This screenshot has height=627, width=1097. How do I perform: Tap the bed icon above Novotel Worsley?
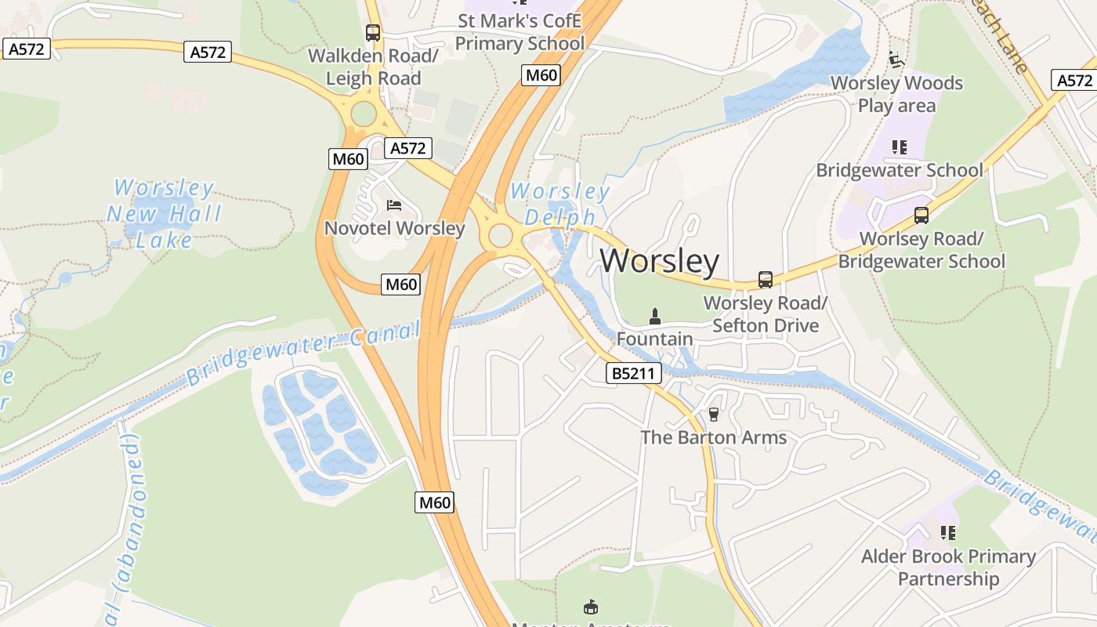394,205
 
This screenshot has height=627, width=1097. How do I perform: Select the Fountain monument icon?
655,317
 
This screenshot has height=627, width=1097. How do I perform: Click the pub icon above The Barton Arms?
713,414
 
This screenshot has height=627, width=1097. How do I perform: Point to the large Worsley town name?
660,260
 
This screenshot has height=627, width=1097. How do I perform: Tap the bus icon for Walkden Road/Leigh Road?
373,33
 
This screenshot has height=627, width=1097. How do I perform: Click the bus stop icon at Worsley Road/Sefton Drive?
765,279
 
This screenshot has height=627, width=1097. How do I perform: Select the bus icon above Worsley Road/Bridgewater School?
921,215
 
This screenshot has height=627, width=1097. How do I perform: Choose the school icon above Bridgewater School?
900,147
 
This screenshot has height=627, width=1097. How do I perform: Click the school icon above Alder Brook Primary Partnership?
948,533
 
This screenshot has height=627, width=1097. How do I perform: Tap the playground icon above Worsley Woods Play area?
896,59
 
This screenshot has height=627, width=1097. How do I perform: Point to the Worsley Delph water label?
559,204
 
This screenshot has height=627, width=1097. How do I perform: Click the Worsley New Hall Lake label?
164,213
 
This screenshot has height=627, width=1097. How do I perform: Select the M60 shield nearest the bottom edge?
434,502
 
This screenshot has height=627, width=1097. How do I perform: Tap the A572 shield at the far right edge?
1074,80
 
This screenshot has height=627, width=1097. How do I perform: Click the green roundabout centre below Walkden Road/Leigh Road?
364,114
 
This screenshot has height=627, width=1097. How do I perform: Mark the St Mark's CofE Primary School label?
520,31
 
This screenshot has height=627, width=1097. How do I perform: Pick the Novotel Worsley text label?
394,229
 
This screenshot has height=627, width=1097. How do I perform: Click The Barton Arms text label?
713,437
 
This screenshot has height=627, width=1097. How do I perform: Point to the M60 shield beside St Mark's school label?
541,75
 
